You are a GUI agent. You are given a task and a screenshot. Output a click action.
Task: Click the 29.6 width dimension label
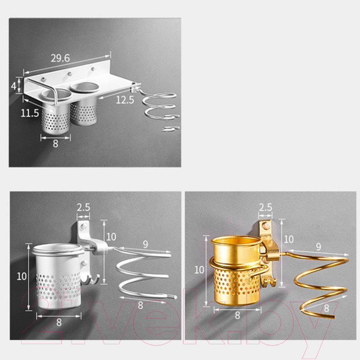click(60, 58)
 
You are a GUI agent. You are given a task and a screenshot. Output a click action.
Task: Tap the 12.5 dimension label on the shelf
click(125, 100)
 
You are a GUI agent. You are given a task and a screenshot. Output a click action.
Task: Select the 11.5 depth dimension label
click(30, 113)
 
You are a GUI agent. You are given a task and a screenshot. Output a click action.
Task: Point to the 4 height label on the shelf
click(14, 86)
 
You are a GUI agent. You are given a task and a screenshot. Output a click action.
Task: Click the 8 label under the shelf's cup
click(56, 144)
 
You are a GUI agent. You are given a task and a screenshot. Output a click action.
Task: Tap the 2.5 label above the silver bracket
click(83, 208)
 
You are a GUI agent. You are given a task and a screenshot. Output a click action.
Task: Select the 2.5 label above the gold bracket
click(265, 208)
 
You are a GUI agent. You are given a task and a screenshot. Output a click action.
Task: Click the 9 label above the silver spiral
click(145, 245)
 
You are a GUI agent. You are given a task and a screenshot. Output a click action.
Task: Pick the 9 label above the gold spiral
click(318, 247)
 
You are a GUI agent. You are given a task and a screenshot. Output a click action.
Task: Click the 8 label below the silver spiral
click(140, 305)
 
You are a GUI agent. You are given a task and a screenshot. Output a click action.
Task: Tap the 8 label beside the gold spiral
click(326, 308)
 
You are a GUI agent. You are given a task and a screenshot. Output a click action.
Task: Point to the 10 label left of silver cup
click(22, 277)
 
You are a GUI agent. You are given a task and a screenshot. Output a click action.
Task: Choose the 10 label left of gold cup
click(199, 270)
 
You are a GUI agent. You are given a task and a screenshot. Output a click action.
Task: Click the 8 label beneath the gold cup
click(238, 316)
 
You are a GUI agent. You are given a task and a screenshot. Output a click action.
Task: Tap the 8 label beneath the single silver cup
click(59, 323)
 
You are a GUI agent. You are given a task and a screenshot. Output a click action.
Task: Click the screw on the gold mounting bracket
click(266, 226)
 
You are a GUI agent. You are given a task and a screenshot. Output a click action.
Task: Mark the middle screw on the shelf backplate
click(69, 74)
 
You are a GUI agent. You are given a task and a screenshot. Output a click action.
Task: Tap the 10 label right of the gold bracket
click(289, 239)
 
